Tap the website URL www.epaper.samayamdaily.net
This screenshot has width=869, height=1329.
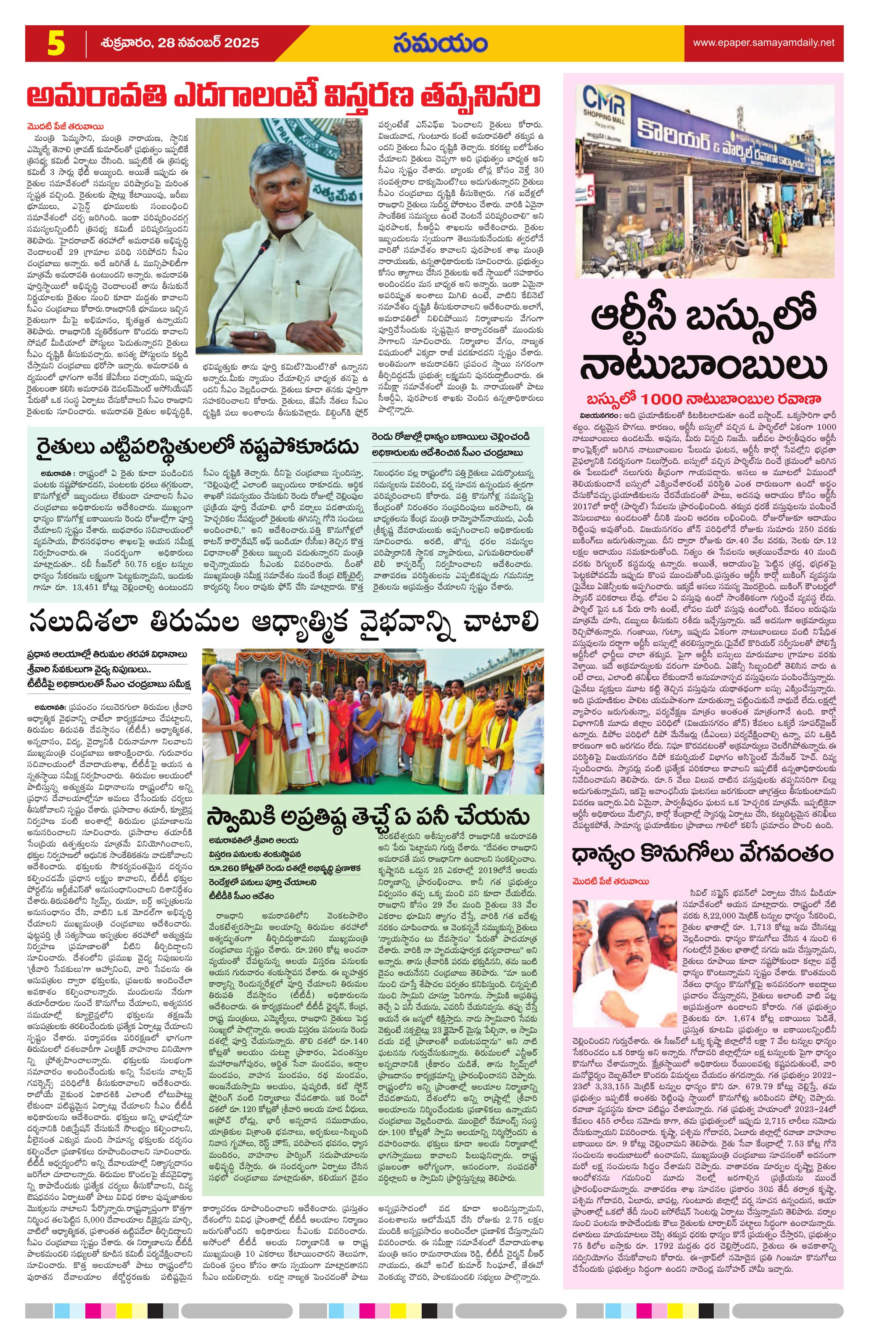[x=763, y=42]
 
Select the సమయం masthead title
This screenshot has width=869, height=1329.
[x=440, y=43]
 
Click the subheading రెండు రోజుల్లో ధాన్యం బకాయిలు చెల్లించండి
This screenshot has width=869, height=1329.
[x=452, y=436]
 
